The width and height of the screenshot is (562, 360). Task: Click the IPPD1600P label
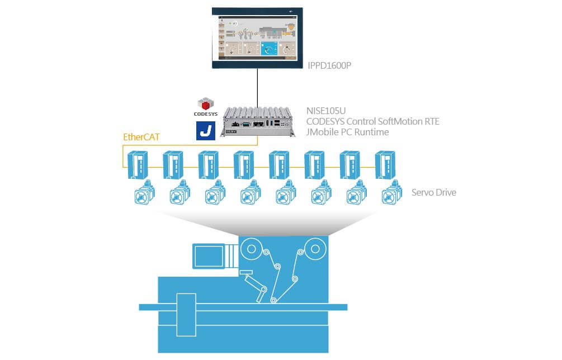[329, 66]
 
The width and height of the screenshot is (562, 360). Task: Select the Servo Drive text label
[433, 193]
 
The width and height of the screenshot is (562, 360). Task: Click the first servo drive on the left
[136, 164]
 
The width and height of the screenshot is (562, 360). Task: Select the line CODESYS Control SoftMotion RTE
[372, 121]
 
